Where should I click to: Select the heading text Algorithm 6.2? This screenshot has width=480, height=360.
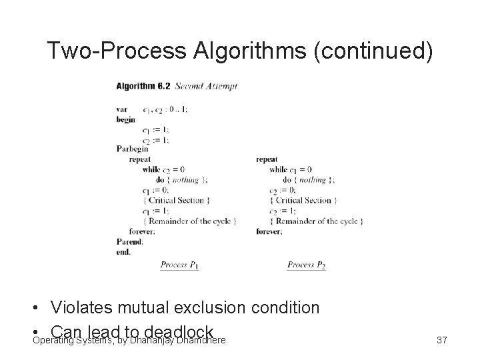coord(143,86)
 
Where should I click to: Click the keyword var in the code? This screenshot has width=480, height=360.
coord(121,109)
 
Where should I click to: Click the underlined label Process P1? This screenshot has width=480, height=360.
coord(179,265)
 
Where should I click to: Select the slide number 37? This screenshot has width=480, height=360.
coord(441,341)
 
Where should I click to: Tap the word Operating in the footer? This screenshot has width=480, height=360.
coord(55,341)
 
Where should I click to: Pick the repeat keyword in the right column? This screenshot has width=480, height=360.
coord(267,159)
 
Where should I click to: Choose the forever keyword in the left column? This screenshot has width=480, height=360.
coord(142,231)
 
